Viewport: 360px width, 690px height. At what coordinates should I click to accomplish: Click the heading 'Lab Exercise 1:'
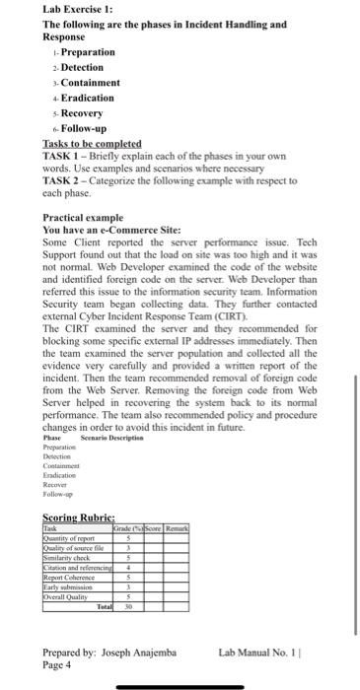coord(75,9)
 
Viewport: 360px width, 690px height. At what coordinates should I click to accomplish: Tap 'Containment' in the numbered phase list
coord(90,82)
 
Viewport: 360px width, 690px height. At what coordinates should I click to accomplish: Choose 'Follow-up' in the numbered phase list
coord(86,128)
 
